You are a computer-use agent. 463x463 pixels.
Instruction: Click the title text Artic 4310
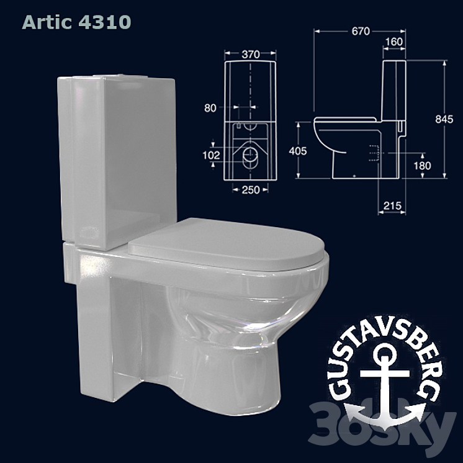(x=76, y=22)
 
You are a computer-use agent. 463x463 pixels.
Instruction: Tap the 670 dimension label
(x=361, y=31)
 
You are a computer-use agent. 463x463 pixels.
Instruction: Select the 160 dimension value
(x=394, y=42)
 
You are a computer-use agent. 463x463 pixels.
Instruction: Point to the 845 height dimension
(x=444, y=119)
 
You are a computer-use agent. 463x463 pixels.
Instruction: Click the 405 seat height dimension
(x=298, y=151)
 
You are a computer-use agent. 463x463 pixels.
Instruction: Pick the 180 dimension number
(x=422, y=166)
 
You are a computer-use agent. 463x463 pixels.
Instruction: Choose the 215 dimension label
(x=392, y=205)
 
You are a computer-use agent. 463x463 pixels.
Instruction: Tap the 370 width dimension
(x=251, y=55)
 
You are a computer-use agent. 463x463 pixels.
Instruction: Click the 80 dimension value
(x=210, y=108)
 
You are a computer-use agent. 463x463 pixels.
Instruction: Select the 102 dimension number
(x=211, y=155)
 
